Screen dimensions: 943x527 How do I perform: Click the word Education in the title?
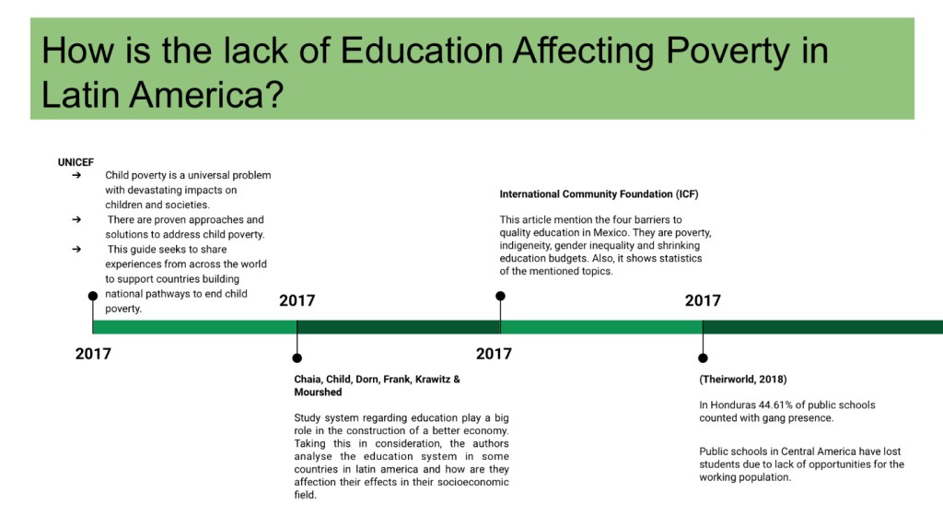[x=422, y=50]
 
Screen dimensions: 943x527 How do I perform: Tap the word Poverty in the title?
[x=728, y=52]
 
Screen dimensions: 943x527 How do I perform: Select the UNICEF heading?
[x=76, y=162]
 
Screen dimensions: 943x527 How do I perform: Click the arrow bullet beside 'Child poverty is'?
[x=76, y=175]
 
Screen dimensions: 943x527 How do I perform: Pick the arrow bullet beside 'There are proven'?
[x=76, y=219]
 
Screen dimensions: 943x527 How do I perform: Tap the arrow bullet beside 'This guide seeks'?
[x=76, y=249]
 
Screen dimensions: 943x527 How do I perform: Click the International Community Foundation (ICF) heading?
[x=599, y=194]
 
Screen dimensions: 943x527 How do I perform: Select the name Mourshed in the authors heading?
[x=318, y=392]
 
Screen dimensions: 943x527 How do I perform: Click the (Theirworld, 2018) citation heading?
[x=743, y=380]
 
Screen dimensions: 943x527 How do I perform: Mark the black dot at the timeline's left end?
[x=93, y=296]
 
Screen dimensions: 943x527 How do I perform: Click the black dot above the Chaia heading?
[x=297, y=358]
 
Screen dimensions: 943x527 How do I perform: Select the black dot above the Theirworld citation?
[x=703, y=358]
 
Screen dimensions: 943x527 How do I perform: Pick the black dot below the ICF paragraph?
[x=500, y=296]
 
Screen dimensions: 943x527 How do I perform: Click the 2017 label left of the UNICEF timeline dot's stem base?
[x=93, y=354]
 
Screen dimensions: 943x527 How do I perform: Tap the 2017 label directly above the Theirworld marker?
[x=703, y=300]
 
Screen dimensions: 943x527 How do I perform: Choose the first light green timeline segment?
[x=195, y=327]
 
